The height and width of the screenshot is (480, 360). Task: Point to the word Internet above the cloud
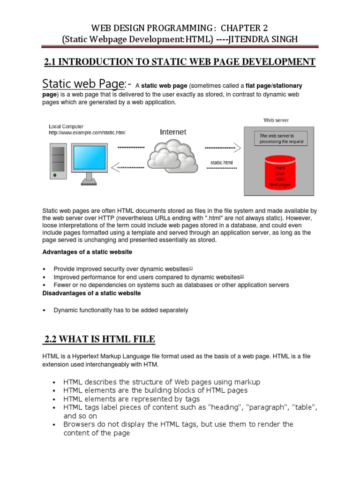pos(172,132)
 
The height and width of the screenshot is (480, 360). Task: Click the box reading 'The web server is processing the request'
pos(281,138)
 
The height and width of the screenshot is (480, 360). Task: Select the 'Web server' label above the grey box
pos(276,120)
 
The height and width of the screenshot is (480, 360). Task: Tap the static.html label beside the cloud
pos(222,162)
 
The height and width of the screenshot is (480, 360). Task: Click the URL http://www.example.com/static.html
pos(87,133)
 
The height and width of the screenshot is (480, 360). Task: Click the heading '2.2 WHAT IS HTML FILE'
pos(99,339)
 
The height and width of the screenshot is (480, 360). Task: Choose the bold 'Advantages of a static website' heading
pos(88,252)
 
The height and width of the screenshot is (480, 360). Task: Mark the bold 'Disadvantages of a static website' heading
pos(91,293)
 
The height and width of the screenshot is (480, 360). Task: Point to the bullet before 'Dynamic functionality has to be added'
pos(44,310)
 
